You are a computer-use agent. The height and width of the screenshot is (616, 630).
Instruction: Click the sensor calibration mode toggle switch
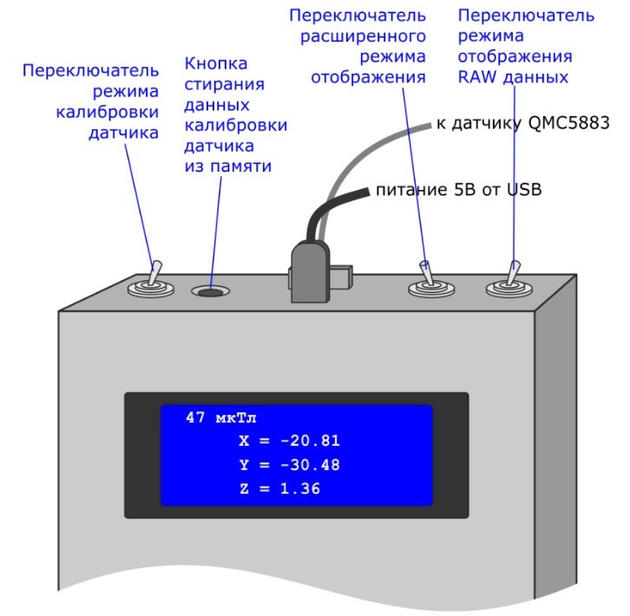pos(151,283)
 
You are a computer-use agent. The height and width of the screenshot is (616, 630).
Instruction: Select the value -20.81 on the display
pos(314,441)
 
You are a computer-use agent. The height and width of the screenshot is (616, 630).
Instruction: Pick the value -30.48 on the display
pos(314,465)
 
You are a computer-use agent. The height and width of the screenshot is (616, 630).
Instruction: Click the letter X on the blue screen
pos(244,441)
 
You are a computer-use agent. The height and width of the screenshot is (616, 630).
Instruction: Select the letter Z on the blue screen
pos(244,489)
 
